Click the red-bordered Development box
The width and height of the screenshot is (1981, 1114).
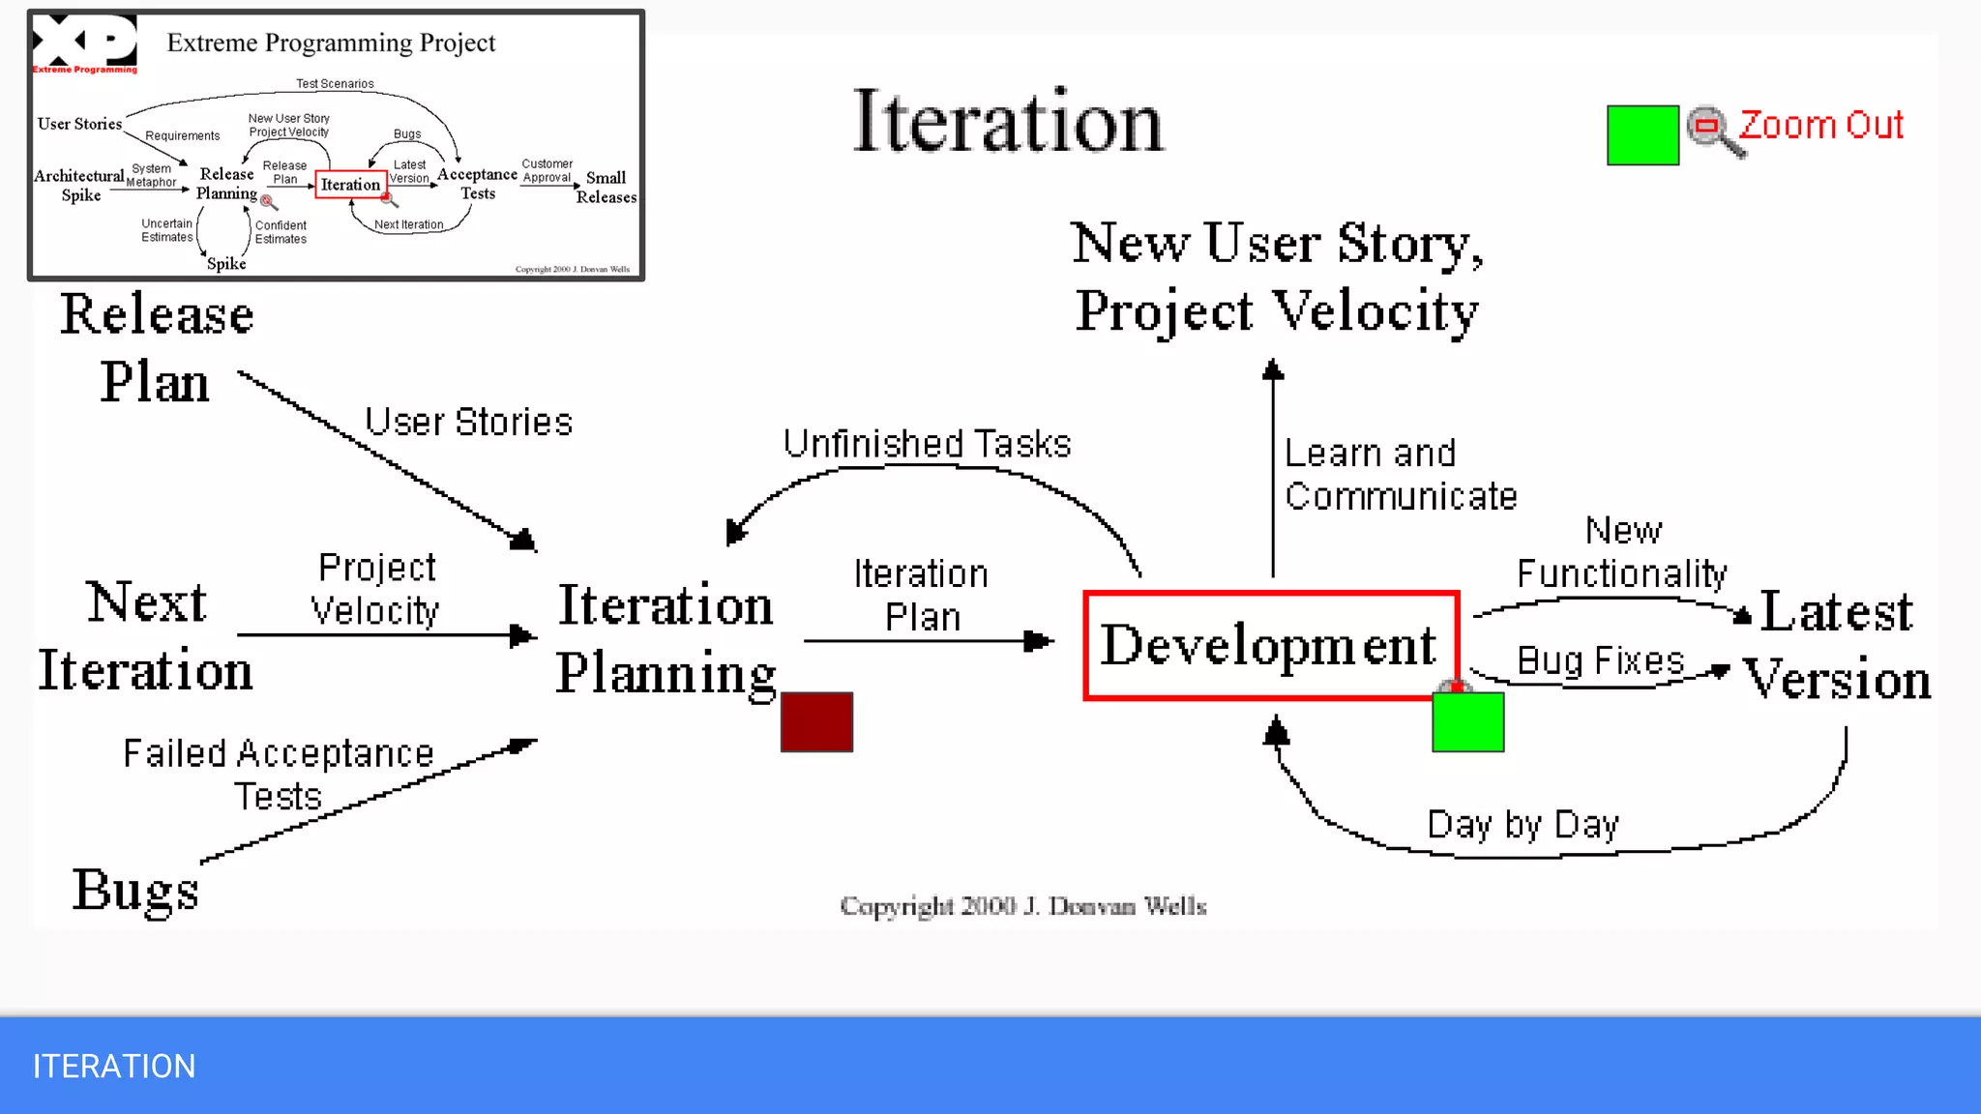pyautogui.click(x=1270, y=645)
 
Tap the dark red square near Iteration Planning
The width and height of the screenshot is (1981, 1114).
pyautogui.click(x=816, y=721)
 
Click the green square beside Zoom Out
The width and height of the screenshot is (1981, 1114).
pyautogui.click(x=1642, y=135)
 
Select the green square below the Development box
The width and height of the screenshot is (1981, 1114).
pyautogui.click(x=1467, y=721)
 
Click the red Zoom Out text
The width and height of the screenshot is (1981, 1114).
pyautogui.click(x=1820, y=126)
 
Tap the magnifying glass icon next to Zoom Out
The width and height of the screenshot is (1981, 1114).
pyautogui.click(x=1713, y=131)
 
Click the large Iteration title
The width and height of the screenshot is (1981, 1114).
pyautogui.click(x=1007, y=123)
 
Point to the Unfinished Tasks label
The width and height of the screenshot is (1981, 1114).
pyautogui.click(x=927, y=444)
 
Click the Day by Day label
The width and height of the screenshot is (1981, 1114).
pyautogui.click(x=1523, y=825)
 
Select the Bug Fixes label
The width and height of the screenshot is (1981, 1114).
pyautogui.click(x=1600, y=661)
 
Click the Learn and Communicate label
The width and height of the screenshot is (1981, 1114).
pyautogui.click(x=1399, y=475)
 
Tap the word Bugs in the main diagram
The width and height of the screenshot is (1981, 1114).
pyautogui.click(x=135, y=890)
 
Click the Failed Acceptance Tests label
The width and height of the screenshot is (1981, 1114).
pyautogui.click(x=279, y=775)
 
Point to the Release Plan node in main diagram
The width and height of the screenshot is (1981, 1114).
pyautogui.click(x=157, y=348)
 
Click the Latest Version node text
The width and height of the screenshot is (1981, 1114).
pyautogui.click(x=1836, y=645)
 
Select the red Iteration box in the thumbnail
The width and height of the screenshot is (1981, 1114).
pyautogui.click(x=350, y=184)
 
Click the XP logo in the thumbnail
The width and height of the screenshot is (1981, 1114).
pyautogui.click(x=85, y=44)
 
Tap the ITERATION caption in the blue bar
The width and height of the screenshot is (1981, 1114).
pyautogui.click(x=114, y=1066)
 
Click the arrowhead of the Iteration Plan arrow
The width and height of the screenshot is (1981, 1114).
pyautogui.click(x=1039, y=640)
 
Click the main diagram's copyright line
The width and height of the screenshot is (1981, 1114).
pyautogui.click(x=1022, y=906)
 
